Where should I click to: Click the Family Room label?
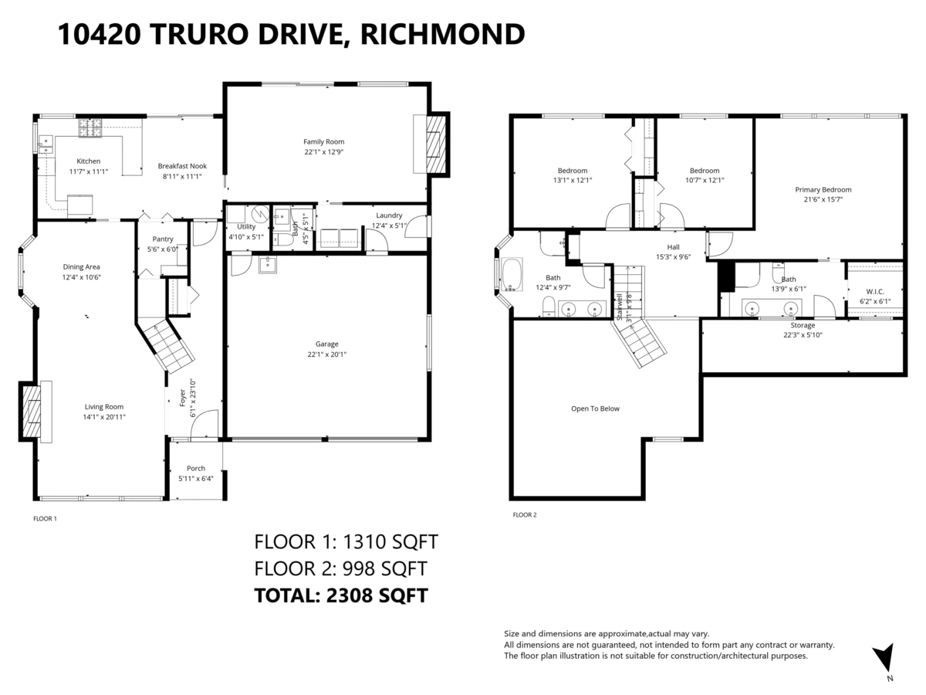point(323,141)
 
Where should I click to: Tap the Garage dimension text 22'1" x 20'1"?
point(326,355)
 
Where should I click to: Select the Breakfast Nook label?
point(182,166)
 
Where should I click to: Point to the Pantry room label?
point(163,239)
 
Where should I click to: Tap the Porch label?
point(196,468)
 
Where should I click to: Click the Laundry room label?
point(389,215)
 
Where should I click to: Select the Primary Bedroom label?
point(823,189)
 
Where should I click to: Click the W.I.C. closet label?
point(875,291)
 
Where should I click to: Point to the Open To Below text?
point(595,409)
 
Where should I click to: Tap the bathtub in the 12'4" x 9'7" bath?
point(512,276)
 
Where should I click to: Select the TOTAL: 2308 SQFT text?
point(341,595)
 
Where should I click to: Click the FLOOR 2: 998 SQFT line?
point(340,569)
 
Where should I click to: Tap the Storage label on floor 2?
point(803,325)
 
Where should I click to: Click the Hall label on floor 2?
point(674,247)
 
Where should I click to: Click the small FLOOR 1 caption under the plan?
point(45,519)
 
